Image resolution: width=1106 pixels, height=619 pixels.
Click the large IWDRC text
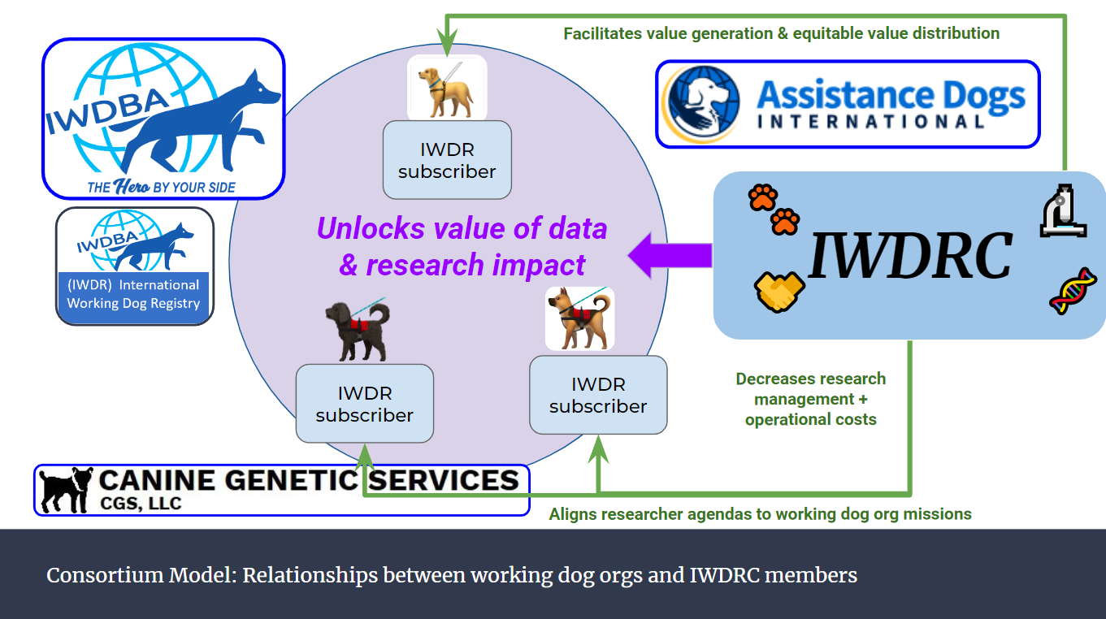(909, 256)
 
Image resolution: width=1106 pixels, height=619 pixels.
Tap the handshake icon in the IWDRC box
(779, 292)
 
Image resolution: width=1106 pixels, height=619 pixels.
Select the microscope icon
(1063, 211)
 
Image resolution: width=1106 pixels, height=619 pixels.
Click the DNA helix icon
(1073, 292)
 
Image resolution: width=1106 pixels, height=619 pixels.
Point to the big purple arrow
(670, 256)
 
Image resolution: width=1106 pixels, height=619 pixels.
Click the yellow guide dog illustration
(446, 89)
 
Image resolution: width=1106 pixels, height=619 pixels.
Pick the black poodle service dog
(358, 330)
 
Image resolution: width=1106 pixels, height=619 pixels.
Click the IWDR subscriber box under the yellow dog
(447, 160)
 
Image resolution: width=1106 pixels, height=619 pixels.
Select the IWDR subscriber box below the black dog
(364, 404)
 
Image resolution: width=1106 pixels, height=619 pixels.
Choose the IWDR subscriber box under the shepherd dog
(598, 395)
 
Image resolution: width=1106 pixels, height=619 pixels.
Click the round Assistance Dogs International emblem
(701, 104)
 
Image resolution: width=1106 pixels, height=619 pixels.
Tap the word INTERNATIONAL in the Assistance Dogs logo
(871, 121)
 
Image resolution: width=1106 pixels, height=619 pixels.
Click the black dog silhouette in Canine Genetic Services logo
(65, 490)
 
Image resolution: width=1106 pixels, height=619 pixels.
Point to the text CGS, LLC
(141, 503)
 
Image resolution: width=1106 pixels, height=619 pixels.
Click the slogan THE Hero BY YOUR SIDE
(162, 187)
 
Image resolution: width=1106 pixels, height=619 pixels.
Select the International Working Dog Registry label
(133, 294)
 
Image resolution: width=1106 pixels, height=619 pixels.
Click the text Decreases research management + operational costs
(811, 399)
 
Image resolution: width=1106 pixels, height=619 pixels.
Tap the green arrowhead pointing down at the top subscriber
(447, 43)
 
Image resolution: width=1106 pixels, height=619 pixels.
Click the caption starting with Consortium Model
(451, 576)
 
